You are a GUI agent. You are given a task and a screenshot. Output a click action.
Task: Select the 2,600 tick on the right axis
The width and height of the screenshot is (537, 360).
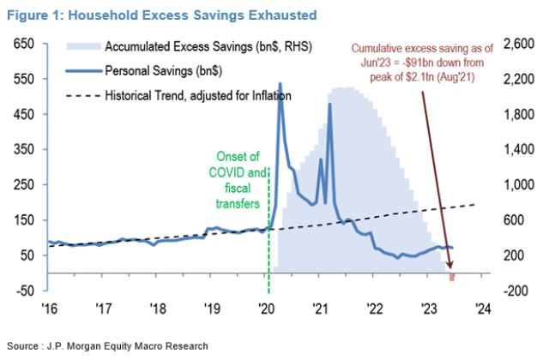coord(516,43)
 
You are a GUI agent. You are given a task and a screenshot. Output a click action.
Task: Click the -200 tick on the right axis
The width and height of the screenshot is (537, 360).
coord(514,291)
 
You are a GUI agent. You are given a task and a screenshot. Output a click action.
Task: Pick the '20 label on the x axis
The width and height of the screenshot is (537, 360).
coord(265,309)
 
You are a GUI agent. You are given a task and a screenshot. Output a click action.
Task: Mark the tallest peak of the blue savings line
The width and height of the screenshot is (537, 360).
coord(280,84)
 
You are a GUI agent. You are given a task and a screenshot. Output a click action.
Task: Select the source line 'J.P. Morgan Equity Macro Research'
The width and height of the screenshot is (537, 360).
coord(106,345)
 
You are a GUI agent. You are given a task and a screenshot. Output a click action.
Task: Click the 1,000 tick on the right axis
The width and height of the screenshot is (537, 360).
coord(516,184)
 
